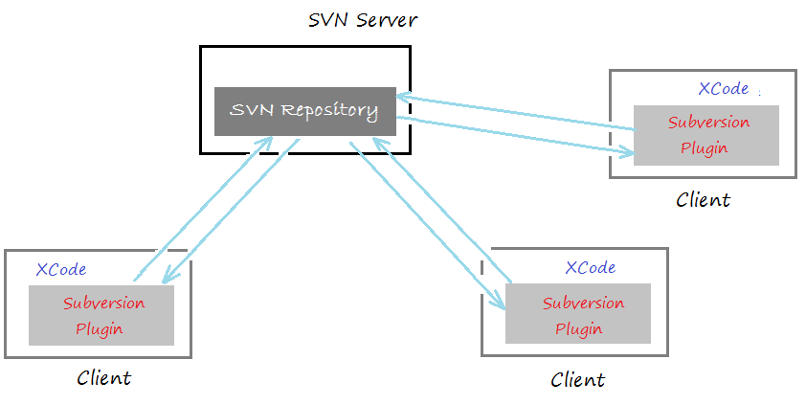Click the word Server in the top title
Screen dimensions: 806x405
pos(387,20)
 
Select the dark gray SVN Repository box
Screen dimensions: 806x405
pos(304,111)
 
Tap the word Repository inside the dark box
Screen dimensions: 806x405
pos(329,111)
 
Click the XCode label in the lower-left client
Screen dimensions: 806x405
pos(61,269)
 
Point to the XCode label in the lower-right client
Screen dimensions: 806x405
pos(591,267)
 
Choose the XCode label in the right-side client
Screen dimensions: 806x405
pos(724,88)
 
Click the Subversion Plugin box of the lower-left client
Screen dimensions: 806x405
pos(101,315)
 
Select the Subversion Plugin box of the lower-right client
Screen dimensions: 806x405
pos(578,313)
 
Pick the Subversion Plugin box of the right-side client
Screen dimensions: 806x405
pos(706,135)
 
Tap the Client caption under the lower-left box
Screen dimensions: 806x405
pos(103,378)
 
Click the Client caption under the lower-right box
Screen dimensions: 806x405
pos(578,380)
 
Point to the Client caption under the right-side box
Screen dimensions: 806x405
pos(703,199)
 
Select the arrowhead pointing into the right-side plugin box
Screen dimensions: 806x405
pos(627,152)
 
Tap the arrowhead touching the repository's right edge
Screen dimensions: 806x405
pos(404,96)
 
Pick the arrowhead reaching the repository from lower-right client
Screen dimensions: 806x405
pos(378,144)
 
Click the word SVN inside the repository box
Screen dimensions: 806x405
pos(252,109)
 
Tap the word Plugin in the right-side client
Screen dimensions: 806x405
pos(705,148)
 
